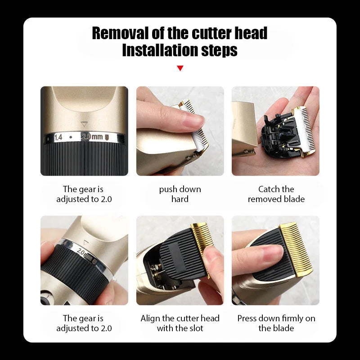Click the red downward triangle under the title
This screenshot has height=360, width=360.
(x=180, y=68)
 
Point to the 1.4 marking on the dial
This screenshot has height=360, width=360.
(x=58, y=137)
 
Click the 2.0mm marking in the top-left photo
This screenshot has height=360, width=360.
(x=92, y=137)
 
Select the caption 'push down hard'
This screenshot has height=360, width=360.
(x=180, y=194)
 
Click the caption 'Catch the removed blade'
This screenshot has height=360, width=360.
(x=276, y=194)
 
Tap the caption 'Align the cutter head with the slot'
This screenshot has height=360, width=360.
(x=180, y=323)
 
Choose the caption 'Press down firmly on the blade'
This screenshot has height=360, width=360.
(x=276, y=323)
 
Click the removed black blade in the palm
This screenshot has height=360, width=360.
(x=276, y=133)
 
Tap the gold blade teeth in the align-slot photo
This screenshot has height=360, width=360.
(x=200, y=243)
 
